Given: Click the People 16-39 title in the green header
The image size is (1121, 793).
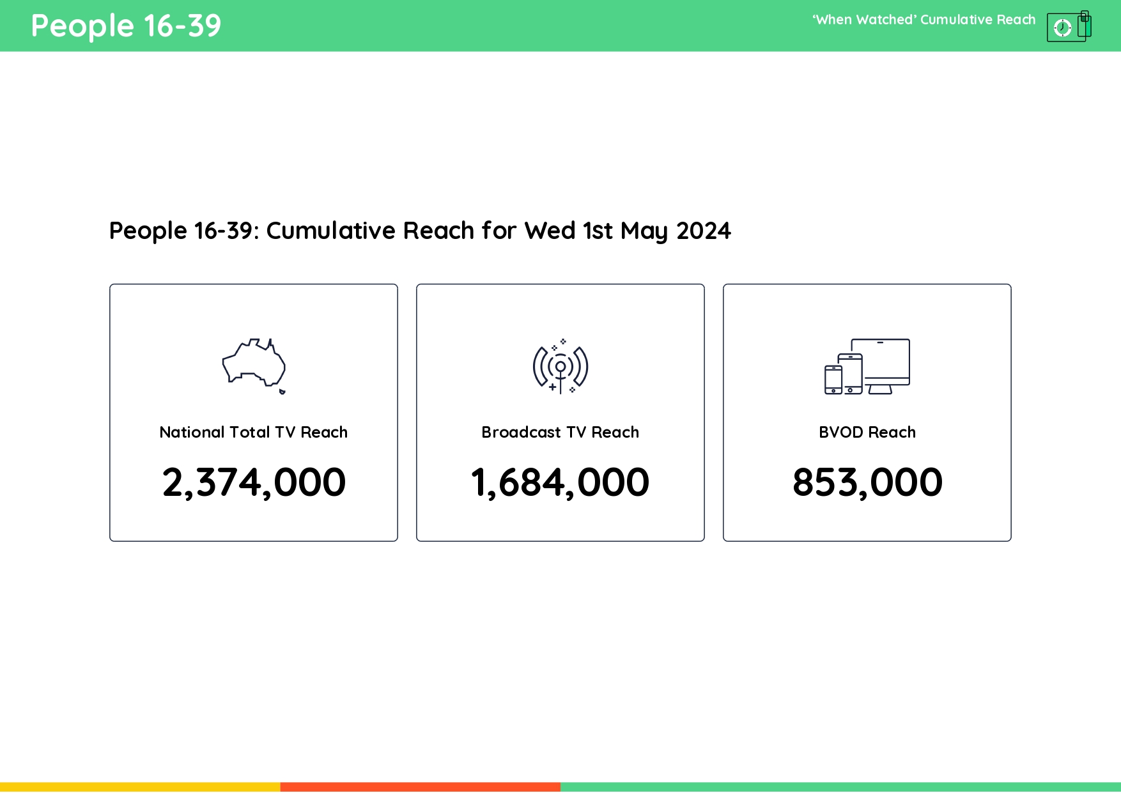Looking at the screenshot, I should pos(126,26).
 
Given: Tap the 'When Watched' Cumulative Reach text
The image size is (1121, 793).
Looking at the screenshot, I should pos(924,20).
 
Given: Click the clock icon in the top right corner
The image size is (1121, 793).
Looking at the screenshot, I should pos(1062,27).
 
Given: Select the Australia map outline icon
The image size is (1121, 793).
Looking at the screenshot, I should pos(253,364).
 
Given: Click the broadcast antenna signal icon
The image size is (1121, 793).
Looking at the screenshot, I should pos(560,367).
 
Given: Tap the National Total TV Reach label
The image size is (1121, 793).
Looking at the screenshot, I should pos(254,433).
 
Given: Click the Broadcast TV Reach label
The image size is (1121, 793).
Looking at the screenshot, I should pos(560,433).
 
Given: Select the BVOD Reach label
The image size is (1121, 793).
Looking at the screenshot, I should pos(867,433).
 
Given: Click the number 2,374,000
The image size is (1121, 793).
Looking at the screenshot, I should pos(254,482).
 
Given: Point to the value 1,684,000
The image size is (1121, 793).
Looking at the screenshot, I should pos(560,482).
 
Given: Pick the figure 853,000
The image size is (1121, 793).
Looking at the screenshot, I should pos(867,482).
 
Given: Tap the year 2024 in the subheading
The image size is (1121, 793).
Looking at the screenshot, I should pos(704,231).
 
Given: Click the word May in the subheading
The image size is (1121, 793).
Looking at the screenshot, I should pos(644,231).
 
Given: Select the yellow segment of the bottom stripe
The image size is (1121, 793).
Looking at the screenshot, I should pos(140,787).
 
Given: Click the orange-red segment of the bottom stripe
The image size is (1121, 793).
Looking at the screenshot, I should pos(420,787).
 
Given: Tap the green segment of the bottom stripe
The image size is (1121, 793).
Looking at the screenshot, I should pos(840,787).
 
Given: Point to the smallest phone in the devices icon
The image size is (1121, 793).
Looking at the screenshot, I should pos(833,380).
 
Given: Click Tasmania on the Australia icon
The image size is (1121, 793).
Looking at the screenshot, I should pos(282,391).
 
